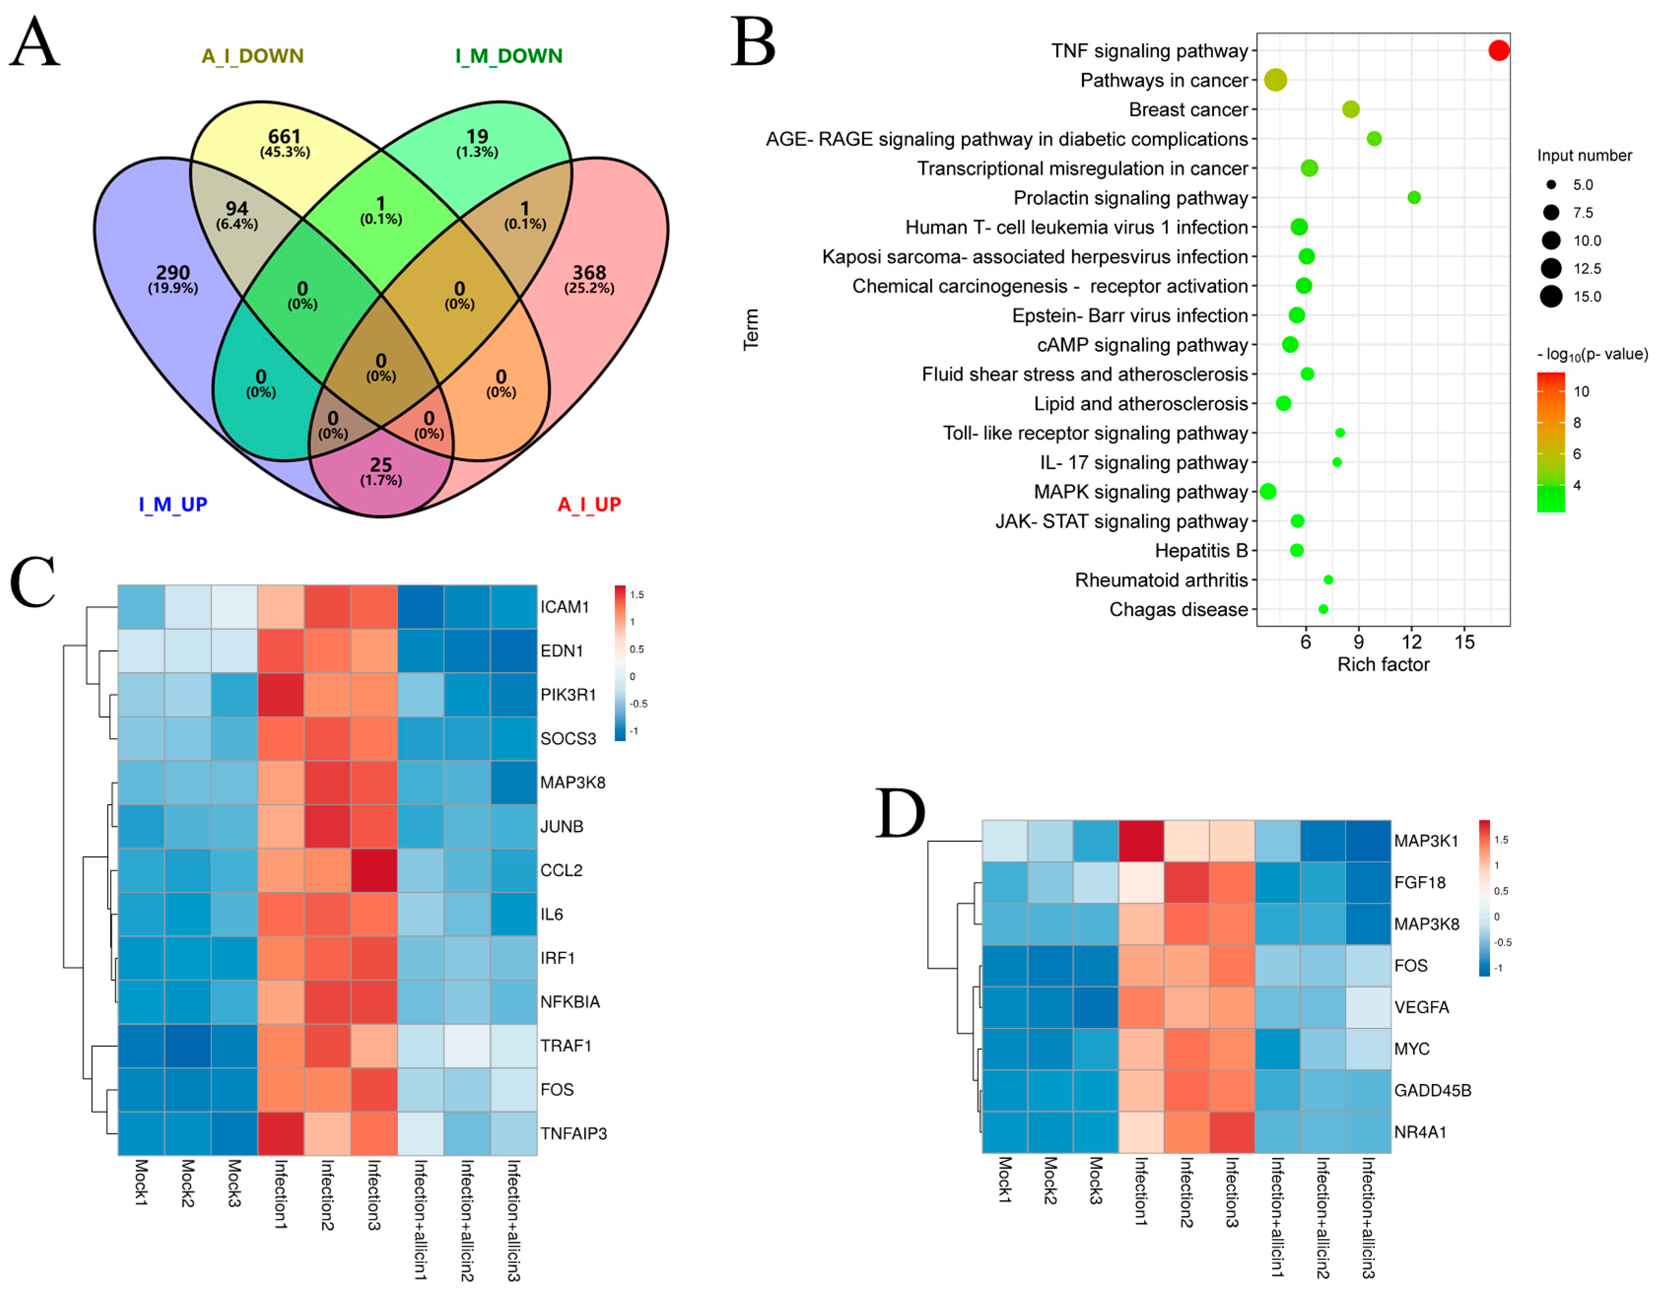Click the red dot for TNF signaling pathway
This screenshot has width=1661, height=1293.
point(1498,50)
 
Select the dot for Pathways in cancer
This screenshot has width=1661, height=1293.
point(1275,79)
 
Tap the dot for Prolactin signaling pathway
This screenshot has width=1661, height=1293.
point(1414,198)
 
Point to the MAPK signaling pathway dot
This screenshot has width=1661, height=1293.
point(1268,491)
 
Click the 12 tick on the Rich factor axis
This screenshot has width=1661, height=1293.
point(1412,642)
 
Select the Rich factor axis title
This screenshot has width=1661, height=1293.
point(1383,665)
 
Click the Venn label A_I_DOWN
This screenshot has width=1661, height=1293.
point(252,56)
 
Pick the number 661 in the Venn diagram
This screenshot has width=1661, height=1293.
point(284,136)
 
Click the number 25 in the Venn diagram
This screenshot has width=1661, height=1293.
point(381,465)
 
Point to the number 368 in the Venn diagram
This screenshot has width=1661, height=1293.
point(589,272)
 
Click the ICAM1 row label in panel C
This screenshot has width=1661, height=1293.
point(564,607)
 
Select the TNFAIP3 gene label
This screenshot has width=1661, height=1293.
point(574,1133)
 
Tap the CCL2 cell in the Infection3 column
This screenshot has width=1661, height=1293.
point(374,870)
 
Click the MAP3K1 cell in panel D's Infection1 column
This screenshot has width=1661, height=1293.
point(1141,841)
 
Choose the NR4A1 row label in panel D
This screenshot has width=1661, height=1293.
point(1420,1132)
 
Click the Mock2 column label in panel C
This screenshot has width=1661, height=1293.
point(188,1183)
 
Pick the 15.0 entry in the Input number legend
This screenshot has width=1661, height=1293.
point(1587,297)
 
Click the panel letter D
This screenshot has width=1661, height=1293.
point(900,812)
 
